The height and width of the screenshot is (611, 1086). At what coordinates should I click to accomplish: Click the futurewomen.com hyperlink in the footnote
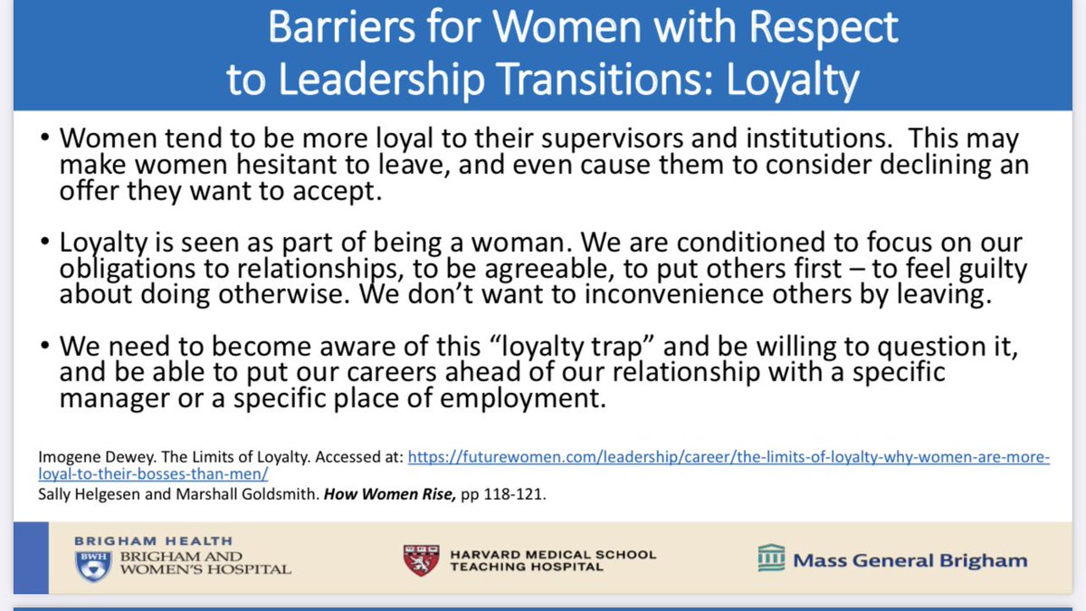click(729, 458)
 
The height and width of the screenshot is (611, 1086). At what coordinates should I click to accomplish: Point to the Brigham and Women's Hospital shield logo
click(93, 564)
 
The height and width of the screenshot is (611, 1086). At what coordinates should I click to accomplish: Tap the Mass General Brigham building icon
click(771, 558)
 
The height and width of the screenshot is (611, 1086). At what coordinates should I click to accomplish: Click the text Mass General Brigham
click(910, 560)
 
